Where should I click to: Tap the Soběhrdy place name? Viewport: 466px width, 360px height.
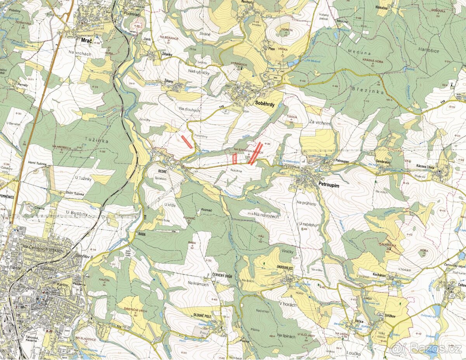point(265,103)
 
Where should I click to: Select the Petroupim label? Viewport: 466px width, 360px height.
point(329,186)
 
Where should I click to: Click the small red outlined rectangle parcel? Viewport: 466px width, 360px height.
point(235,158)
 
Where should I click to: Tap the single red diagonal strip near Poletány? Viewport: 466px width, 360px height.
point(187,142)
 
